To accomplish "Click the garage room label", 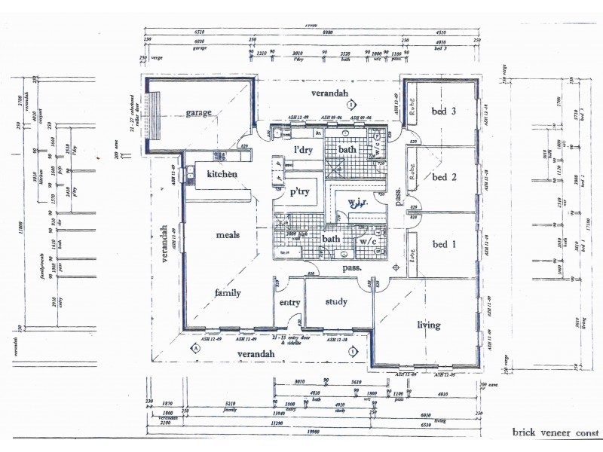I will [199, 113].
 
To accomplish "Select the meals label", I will [227, 235].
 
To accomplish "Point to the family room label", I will [227, 293].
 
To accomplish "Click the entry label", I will [290, 303].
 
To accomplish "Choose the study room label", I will [336, 302].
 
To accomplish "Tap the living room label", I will [429, 325].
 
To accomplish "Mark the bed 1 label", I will [445, 243].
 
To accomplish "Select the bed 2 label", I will [445, 178].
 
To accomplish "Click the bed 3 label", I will [444, 111].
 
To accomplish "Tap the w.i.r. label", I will [357, 203].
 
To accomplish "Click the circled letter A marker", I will [195, 348].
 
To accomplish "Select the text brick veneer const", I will [556, 432].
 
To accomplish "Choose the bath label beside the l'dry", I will [347, 150].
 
